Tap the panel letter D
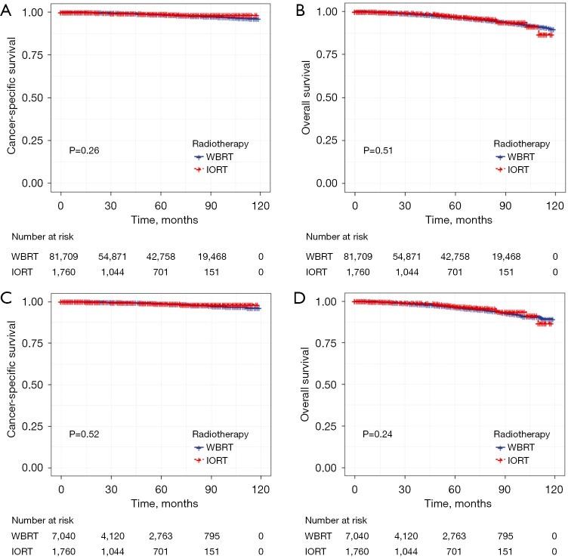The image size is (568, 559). [301, 294]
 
